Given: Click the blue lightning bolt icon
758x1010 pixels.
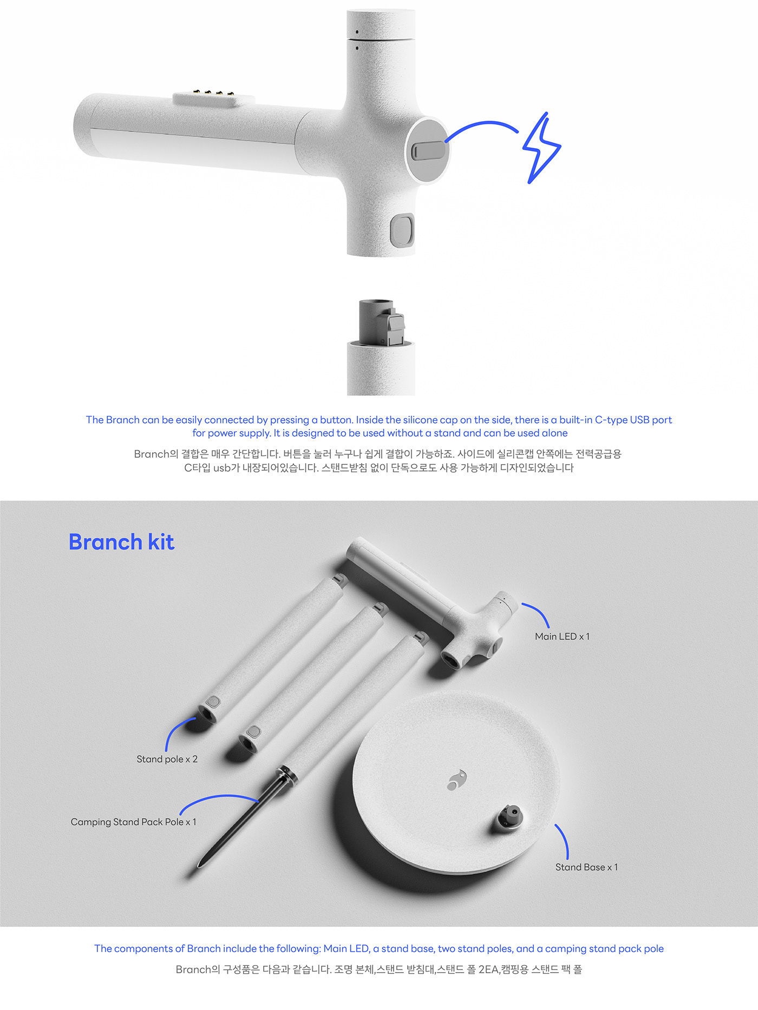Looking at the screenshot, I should [x=541, y=148].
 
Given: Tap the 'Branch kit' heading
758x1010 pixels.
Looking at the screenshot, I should [x=121, y=542].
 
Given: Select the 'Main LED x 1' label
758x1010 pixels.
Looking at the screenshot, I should [x=562, y=637].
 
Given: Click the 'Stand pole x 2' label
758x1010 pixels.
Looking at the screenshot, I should [x=167, y=759].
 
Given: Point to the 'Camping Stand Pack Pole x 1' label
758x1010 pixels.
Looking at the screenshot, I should [x=133, y=822].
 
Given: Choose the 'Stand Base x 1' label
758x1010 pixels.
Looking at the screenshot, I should [x=586, y=867].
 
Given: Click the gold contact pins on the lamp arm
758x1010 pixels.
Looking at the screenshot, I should [x=214, y=94].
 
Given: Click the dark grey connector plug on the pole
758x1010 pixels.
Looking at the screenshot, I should [x=382, y=323].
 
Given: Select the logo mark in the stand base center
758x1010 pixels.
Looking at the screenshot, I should [x=457, y=780].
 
